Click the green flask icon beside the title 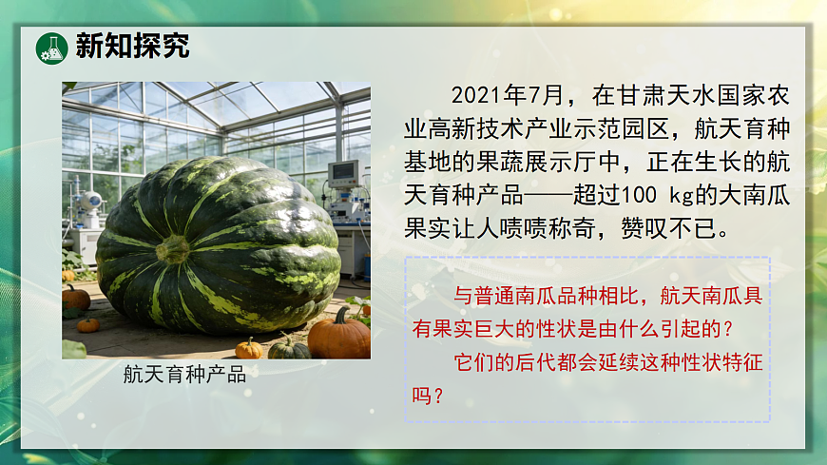50,48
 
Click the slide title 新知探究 132,47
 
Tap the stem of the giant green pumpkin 174,249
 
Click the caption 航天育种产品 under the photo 184,374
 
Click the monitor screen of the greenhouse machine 343,173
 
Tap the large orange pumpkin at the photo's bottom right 339,335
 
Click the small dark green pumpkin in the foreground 289,348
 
